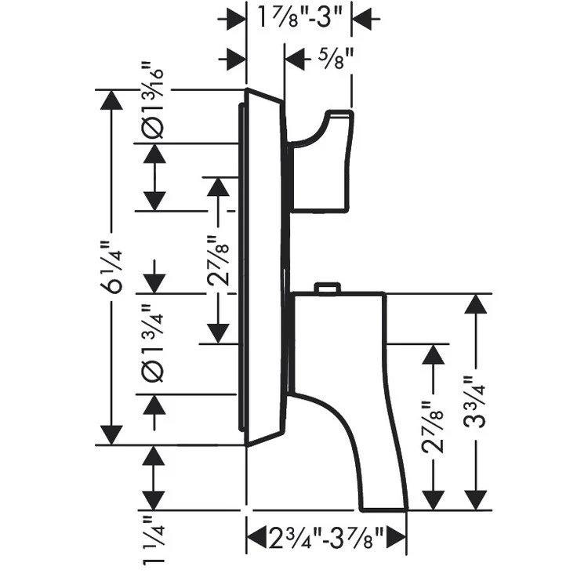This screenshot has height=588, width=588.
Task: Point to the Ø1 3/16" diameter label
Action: coord(156,101)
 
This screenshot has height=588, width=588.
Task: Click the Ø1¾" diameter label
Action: coord(156,338)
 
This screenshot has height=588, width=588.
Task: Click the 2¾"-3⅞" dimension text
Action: coord(326,539)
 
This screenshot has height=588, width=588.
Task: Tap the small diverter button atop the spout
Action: coord(326,289)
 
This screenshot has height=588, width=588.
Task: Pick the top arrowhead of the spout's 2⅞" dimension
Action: coord(430,355)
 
